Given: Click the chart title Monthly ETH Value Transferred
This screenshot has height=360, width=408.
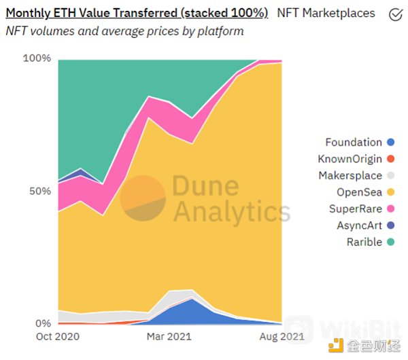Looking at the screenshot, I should (137, 13).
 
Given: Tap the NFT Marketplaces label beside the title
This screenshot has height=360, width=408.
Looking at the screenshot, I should (326, 13).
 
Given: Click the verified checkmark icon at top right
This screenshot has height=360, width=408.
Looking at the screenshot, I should (394, 14).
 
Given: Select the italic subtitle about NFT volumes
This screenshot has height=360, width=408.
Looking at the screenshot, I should (124, 31).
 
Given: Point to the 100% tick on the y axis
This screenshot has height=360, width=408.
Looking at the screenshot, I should (37, 58).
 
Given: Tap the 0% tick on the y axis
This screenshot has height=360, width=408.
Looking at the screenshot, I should (43, 323).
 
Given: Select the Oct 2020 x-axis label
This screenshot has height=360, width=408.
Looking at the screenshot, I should (58, 336).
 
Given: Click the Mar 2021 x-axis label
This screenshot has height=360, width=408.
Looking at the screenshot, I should (168, 336).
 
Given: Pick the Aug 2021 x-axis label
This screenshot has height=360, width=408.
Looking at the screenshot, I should (282, 336).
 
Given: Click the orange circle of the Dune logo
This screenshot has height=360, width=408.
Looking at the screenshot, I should (143, 198).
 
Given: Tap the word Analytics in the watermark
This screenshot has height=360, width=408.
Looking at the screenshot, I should (231, 212).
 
